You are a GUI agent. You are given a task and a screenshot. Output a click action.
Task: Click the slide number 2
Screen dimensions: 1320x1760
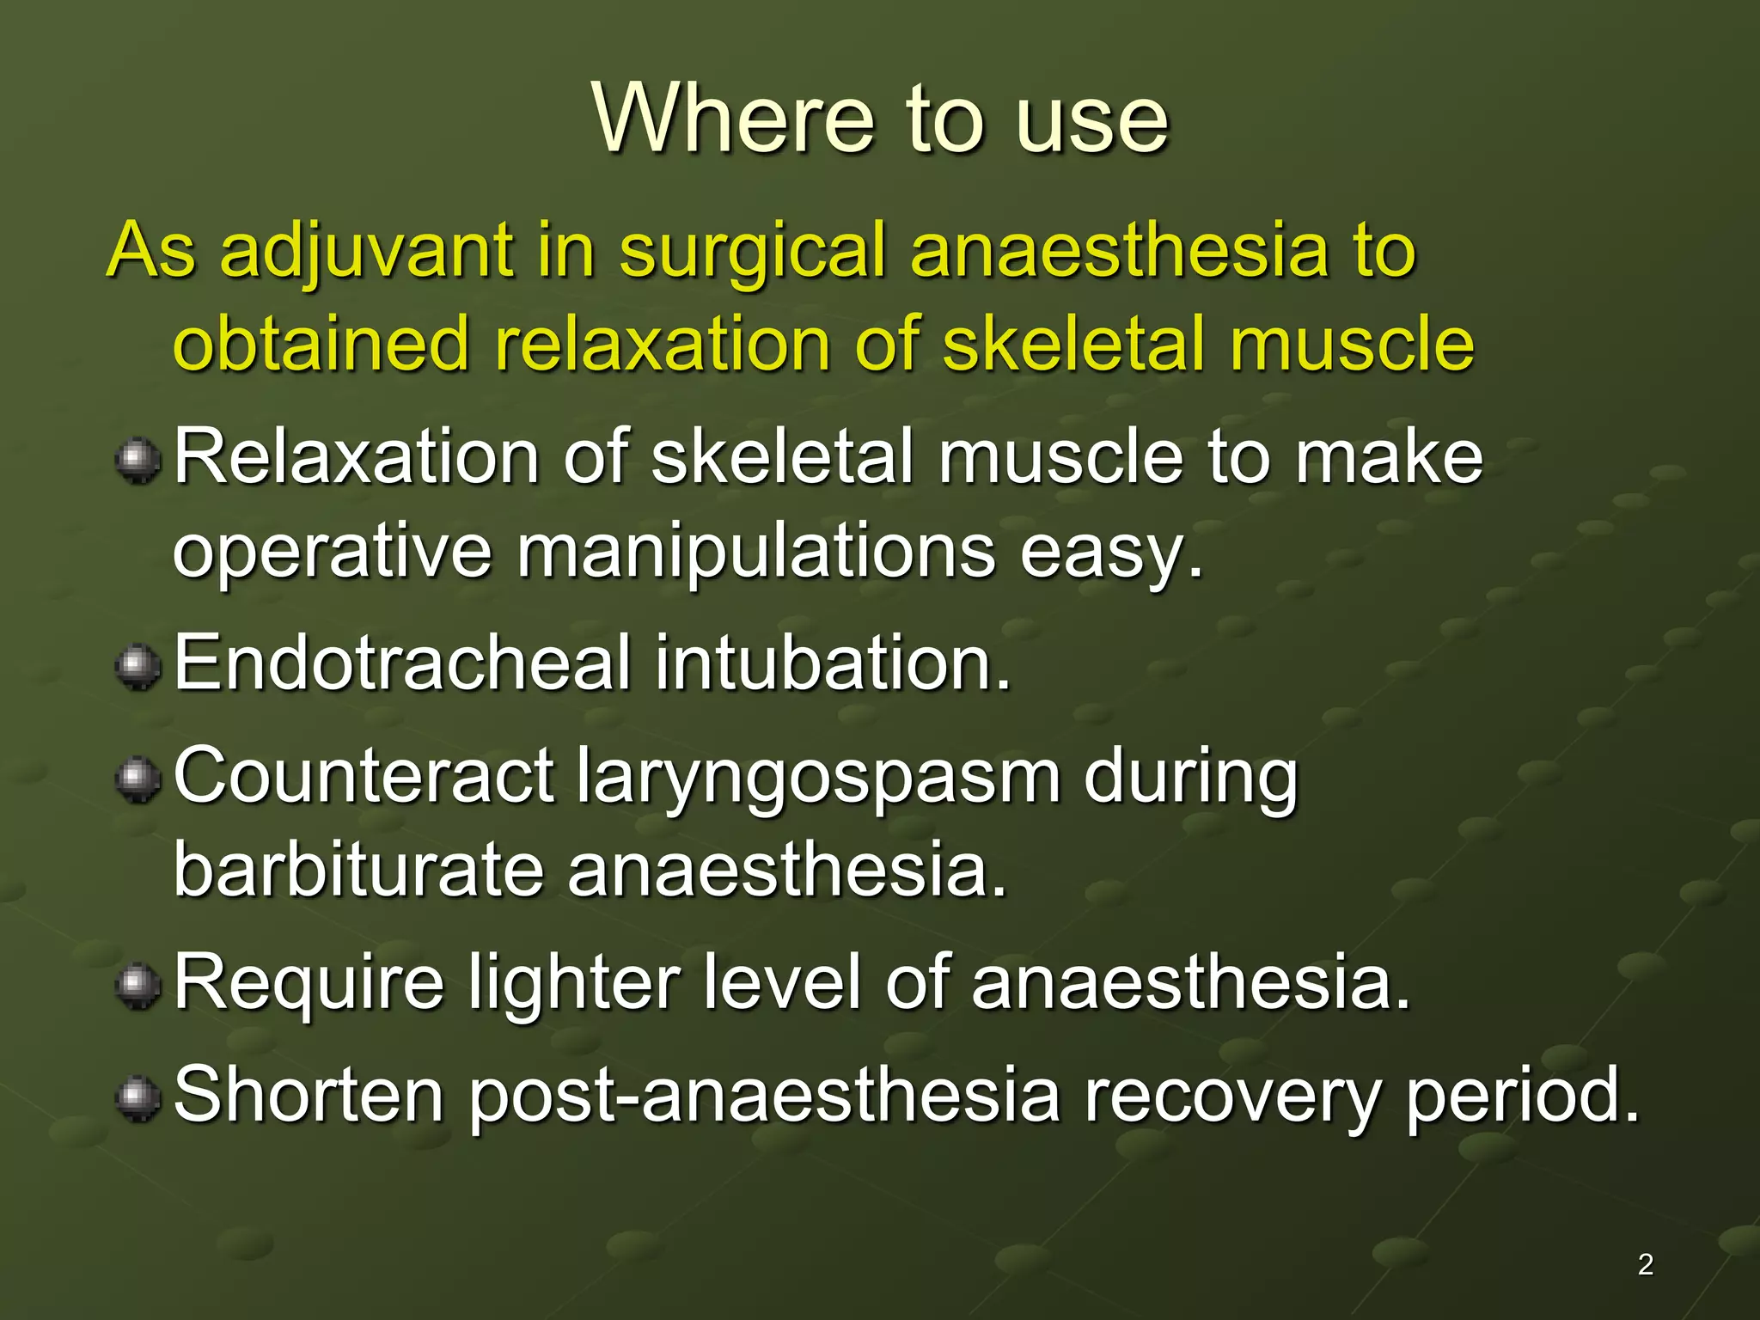(x=1645, y=1264)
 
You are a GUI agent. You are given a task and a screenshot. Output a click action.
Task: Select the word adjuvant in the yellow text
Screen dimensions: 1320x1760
(x=366, y=251)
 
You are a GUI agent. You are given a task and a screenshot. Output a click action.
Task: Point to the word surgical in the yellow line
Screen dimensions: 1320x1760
(x=752, y=251)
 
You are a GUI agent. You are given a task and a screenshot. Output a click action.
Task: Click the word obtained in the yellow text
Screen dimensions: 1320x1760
(x=321, y=344)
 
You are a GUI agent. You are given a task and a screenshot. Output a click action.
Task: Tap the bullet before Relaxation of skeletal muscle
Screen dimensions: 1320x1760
(x=137, y=461)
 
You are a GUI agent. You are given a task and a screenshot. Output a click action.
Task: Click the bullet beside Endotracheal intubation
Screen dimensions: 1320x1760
(x=137, y=667)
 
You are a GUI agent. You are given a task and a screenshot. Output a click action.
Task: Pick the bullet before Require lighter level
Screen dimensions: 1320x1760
(x=137, y=986)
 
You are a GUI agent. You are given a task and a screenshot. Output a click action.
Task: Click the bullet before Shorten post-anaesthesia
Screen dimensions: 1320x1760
(x=137, y=1099)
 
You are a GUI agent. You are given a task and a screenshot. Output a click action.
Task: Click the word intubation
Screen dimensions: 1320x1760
(x=832, y=662)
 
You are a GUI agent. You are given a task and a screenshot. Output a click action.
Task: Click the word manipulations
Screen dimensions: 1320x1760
(x=755, y=552)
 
